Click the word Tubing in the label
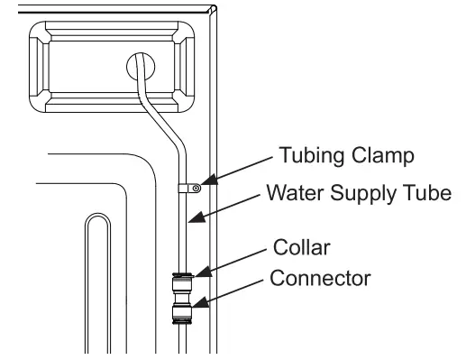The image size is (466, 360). click(x=310, y=156)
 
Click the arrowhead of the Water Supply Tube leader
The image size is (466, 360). click(x=190, y=219)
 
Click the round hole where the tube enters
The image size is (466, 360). click(x=141, y=66)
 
